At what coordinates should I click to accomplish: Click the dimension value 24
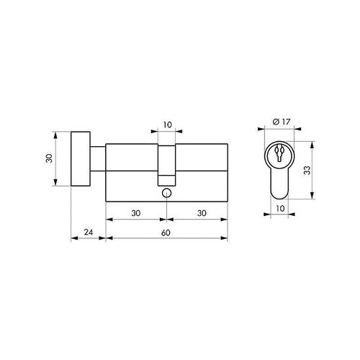(89, 232)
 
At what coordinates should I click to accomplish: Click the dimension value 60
(166, 233)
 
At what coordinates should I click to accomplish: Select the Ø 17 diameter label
(282, 122)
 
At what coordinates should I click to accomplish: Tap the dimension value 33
(307, 170)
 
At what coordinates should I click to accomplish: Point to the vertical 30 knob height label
(49, 158)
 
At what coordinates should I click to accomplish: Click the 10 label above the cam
(168, 125)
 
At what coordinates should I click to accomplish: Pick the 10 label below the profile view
(280, 209)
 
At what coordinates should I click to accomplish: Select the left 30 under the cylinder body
(136, 213)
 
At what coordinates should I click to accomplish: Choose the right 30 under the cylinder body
(202, 213)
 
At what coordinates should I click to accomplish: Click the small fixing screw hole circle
(166, 193)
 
